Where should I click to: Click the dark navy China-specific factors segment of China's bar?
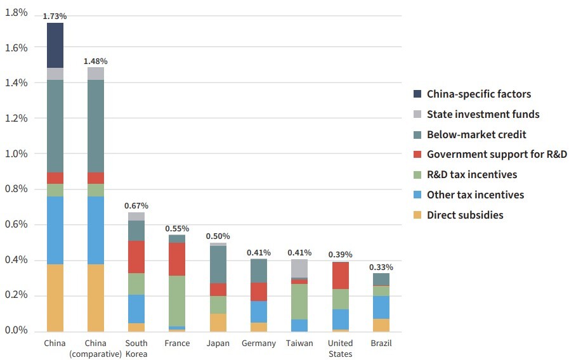pos(56,45)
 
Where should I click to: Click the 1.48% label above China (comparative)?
pos(96,61)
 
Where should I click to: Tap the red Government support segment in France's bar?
pos(177,259)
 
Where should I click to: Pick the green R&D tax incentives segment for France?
pos(177,300)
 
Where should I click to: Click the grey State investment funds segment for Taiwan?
pos(299,268)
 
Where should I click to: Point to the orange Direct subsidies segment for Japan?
pos(218,322)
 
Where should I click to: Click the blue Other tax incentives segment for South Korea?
pos(136,309)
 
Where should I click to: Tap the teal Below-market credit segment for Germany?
pos(258,271)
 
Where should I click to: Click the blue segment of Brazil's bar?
pos(381,307)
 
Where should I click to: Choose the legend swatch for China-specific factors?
pos(417,94)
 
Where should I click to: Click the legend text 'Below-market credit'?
pos(476,134)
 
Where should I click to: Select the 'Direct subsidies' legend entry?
pos(465,215)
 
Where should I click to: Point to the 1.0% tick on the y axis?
pos(16,153)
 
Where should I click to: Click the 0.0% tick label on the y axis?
pos(16,331)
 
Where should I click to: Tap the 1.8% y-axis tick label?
pos(16,12)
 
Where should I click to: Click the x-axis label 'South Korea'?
pos(136,348)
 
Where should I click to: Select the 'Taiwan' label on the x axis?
pos(299,343)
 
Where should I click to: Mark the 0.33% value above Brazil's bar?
pos(381,267)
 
